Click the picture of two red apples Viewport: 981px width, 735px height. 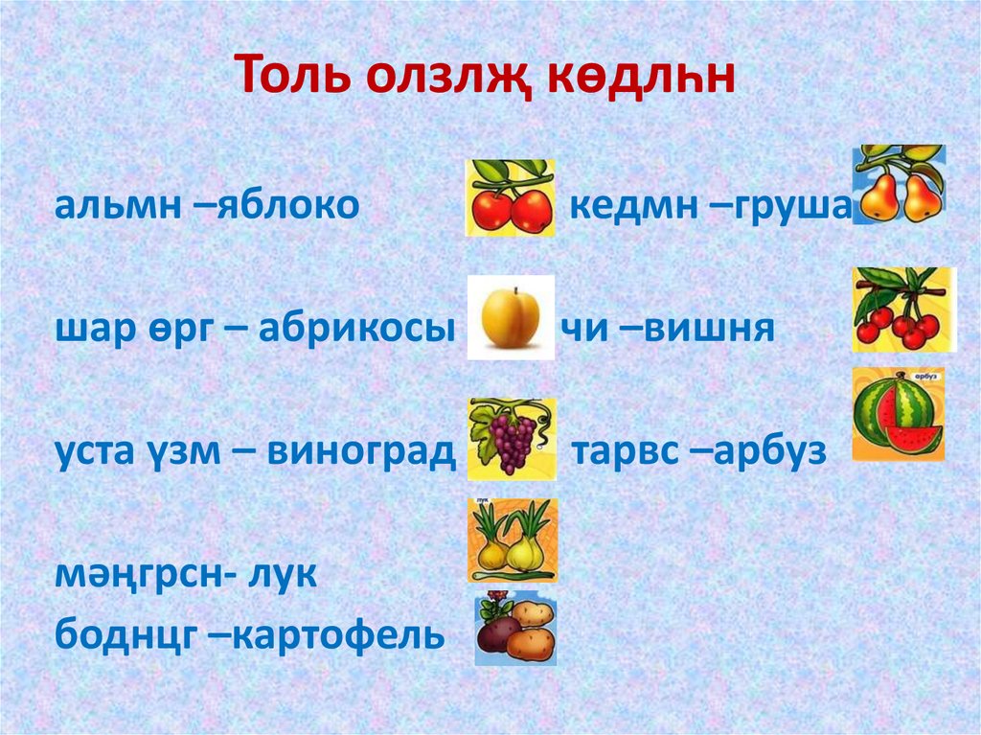click(x=510, y=198)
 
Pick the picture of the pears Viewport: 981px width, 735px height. click(x=899, y=185)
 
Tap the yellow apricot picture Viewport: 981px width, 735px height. click(x=511, y=317)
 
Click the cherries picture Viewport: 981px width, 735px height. click(x=901, y=310)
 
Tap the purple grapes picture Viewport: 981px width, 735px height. click(x=512, y=439)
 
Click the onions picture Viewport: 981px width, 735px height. click(x=512, y=540)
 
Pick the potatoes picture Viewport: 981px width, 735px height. click(x=515, y=629)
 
